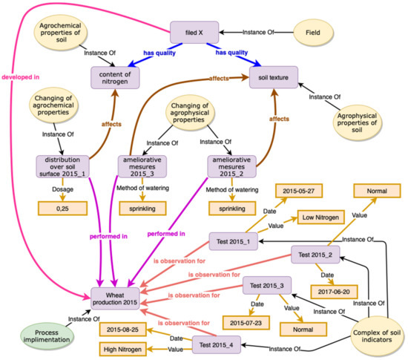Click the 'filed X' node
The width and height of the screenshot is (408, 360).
pyautogui.click(x=195, y=32)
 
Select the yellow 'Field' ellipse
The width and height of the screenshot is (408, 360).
pyautogui.click(x=312, y=32)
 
